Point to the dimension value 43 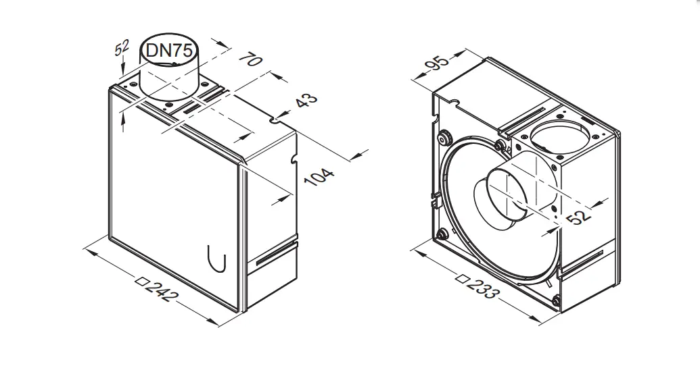click(x=306, y=103)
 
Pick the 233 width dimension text click(x=483, y=286)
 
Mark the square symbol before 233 click(x=463, y=275)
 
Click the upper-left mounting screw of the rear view click(x=444, y=138)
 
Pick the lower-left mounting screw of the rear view click(x=442, y=234)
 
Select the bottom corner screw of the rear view click(x=555, y=299)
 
